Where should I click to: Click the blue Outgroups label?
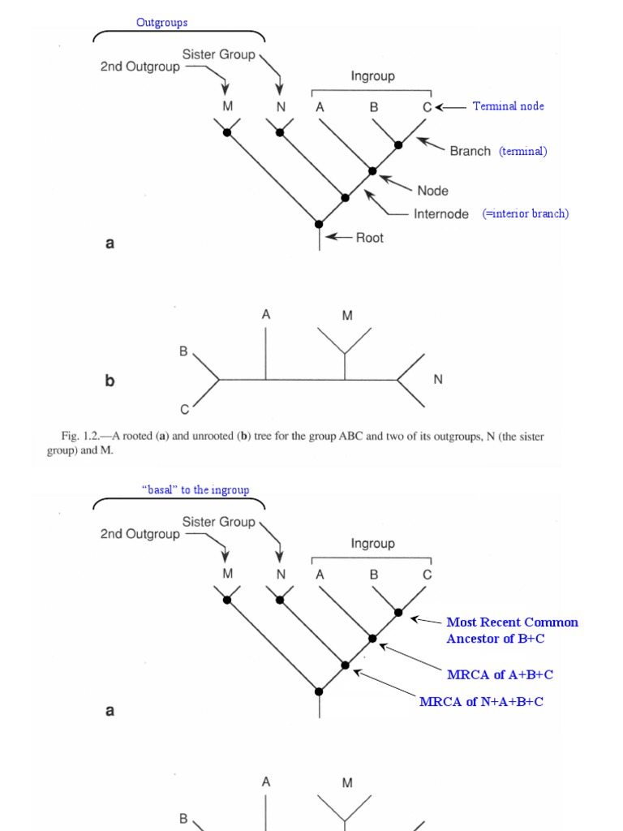click(x=161, y=23)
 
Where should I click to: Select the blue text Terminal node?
click(x=509, y=106)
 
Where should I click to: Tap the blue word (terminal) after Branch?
click(x=522, y=151)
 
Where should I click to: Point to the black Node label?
click(x=432, y=191)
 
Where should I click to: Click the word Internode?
click(x=440, y=214)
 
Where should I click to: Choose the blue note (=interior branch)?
click(x=526, y=214)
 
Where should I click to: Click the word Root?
click(x=370, y=238)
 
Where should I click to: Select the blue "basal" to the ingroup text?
click(x=195, y=490)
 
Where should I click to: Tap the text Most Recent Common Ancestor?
click(x=513, y=622)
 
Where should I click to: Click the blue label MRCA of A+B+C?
click(x=500, y=674)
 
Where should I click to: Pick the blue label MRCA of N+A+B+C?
click(x=481, y=701)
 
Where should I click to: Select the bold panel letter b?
click(x=110, y=380)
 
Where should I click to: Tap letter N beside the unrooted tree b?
click(x=438, y=379)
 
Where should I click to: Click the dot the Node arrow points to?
click(x=372, y=171)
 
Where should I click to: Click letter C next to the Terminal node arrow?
click(x=427, y=106)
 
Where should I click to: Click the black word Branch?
click(x=470, y=151)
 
